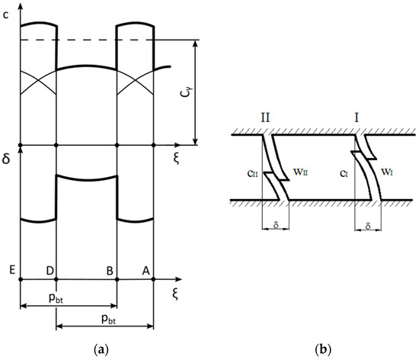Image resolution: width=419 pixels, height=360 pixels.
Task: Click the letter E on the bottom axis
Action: (12, 270)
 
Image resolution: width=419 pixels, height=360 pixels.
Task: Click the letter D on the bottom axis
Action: (50, 271)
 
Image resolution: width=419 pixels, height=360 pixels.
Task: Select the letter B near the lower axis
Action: (110, 271)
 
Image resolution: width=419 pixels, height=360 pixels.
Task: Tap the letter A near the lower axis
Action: (146, 271)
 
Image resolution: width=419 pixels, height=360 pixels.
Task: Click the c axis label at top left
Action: (5, 15)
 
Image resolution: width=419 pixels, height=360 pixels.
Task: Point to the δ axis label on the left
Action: (6, 159)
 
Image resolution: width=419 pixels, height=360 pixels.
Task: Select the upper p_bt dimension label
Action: (56, 298)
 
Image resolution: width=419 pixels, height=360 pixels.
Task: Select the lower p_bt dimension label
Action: (108, 319)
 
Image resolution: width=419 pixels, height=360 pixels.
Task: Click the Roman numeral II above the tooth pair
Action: (265, 117)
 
